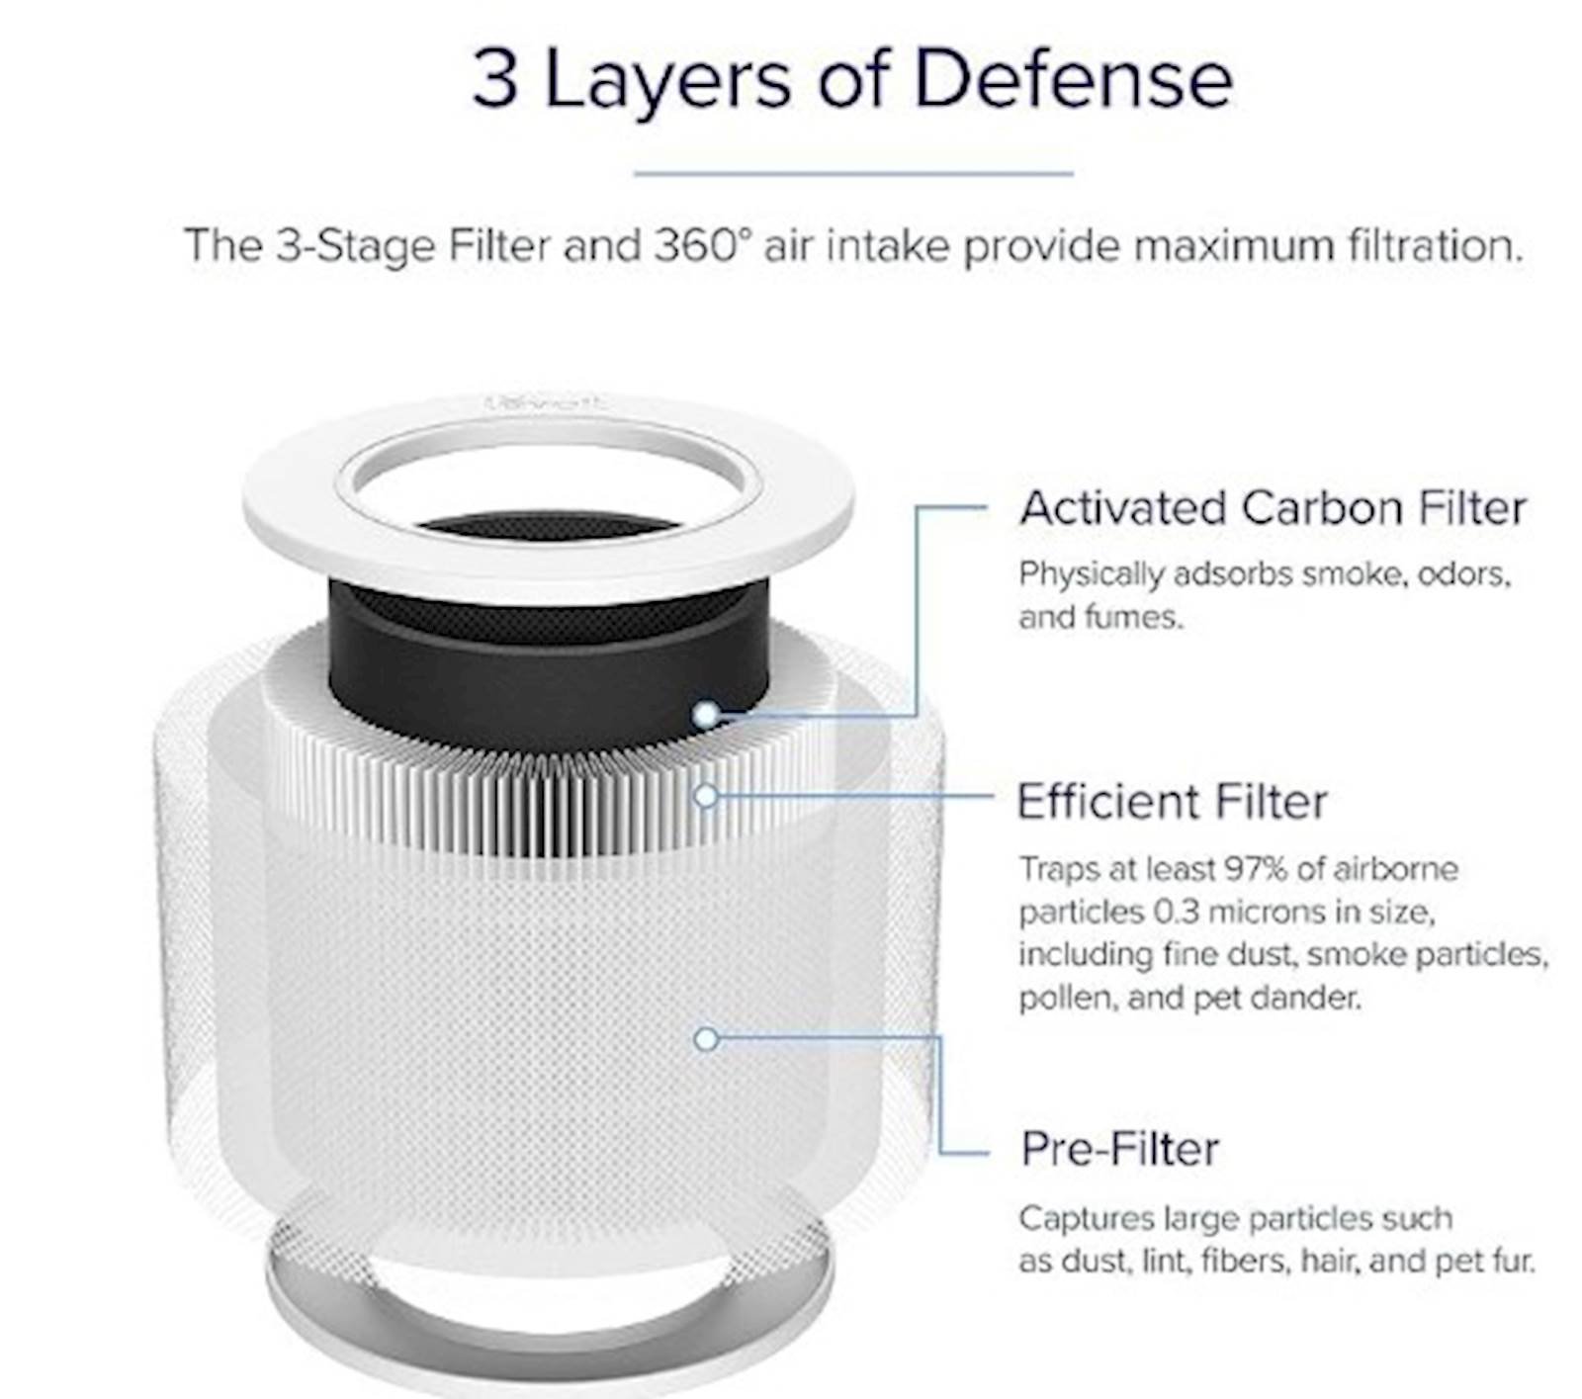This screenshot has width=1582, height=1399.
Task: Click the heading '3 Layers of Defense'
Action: point(852,78)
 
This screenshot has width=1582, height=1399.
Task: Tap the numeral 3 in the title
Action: point(495,78)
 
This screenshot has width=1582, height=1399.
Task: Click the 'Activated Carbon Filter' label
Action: point(1274,508)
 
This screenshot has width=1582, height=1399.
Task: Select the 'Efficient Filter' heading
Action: point(1172,802)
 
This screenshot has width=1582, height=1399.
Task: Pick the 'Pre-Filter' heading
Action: point(1119,1149)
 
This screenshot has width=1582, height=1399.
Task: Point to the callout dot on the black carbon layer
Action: point(706,714)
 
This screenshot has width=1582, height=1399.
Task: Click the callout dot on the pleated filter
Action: point(706,795)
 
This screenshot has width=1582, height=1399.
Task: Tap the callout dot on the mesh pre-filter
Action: point(706,1039)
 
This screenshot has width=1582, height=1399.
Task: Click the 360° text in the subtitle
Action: point(696,245)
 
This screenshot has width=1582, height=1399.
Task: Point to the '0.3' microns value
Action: point(1176,912)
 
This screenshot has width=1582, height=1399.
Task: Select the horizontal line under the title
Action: point(853,174)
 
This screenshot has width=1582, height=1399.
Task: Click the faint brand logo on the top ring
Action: point(548,403)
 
